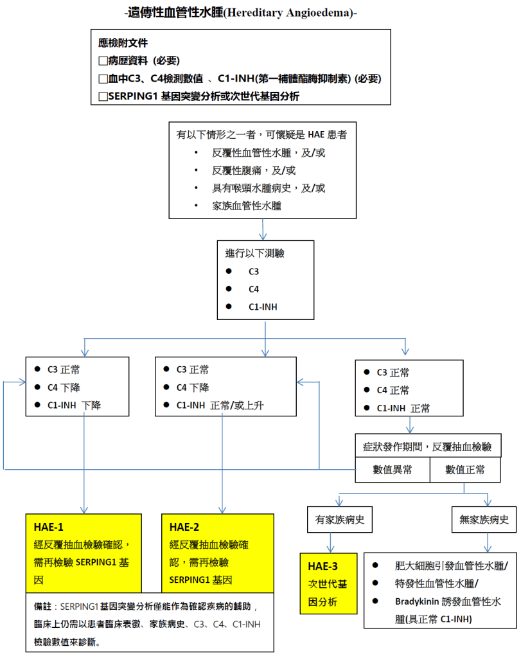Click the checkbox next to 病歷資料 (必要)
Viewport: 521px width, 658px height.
point(103,61)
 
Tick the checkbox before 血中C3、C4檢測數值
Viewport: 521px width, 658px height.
point(103,79)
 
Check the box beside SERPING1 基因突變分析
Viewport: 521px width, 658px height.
point(103,96)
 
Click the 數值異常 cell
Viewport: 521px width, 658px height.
point(393,470)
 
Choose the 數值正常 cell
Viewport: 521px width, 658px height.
point(464,470)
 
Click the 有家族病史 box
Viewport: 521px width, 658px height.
point(340,520)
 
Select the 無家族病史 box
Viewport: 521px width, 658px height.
point(484,520)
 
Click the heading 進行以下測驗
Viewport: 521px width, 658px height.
point(255,253)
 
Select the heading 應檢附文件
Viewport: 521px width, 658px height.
point(123,44)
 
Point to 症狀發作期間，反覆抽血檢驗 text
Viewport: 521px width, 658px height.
point(428,446)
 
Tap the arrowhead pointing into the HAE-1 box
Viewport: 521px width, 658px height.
point(84,508)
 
